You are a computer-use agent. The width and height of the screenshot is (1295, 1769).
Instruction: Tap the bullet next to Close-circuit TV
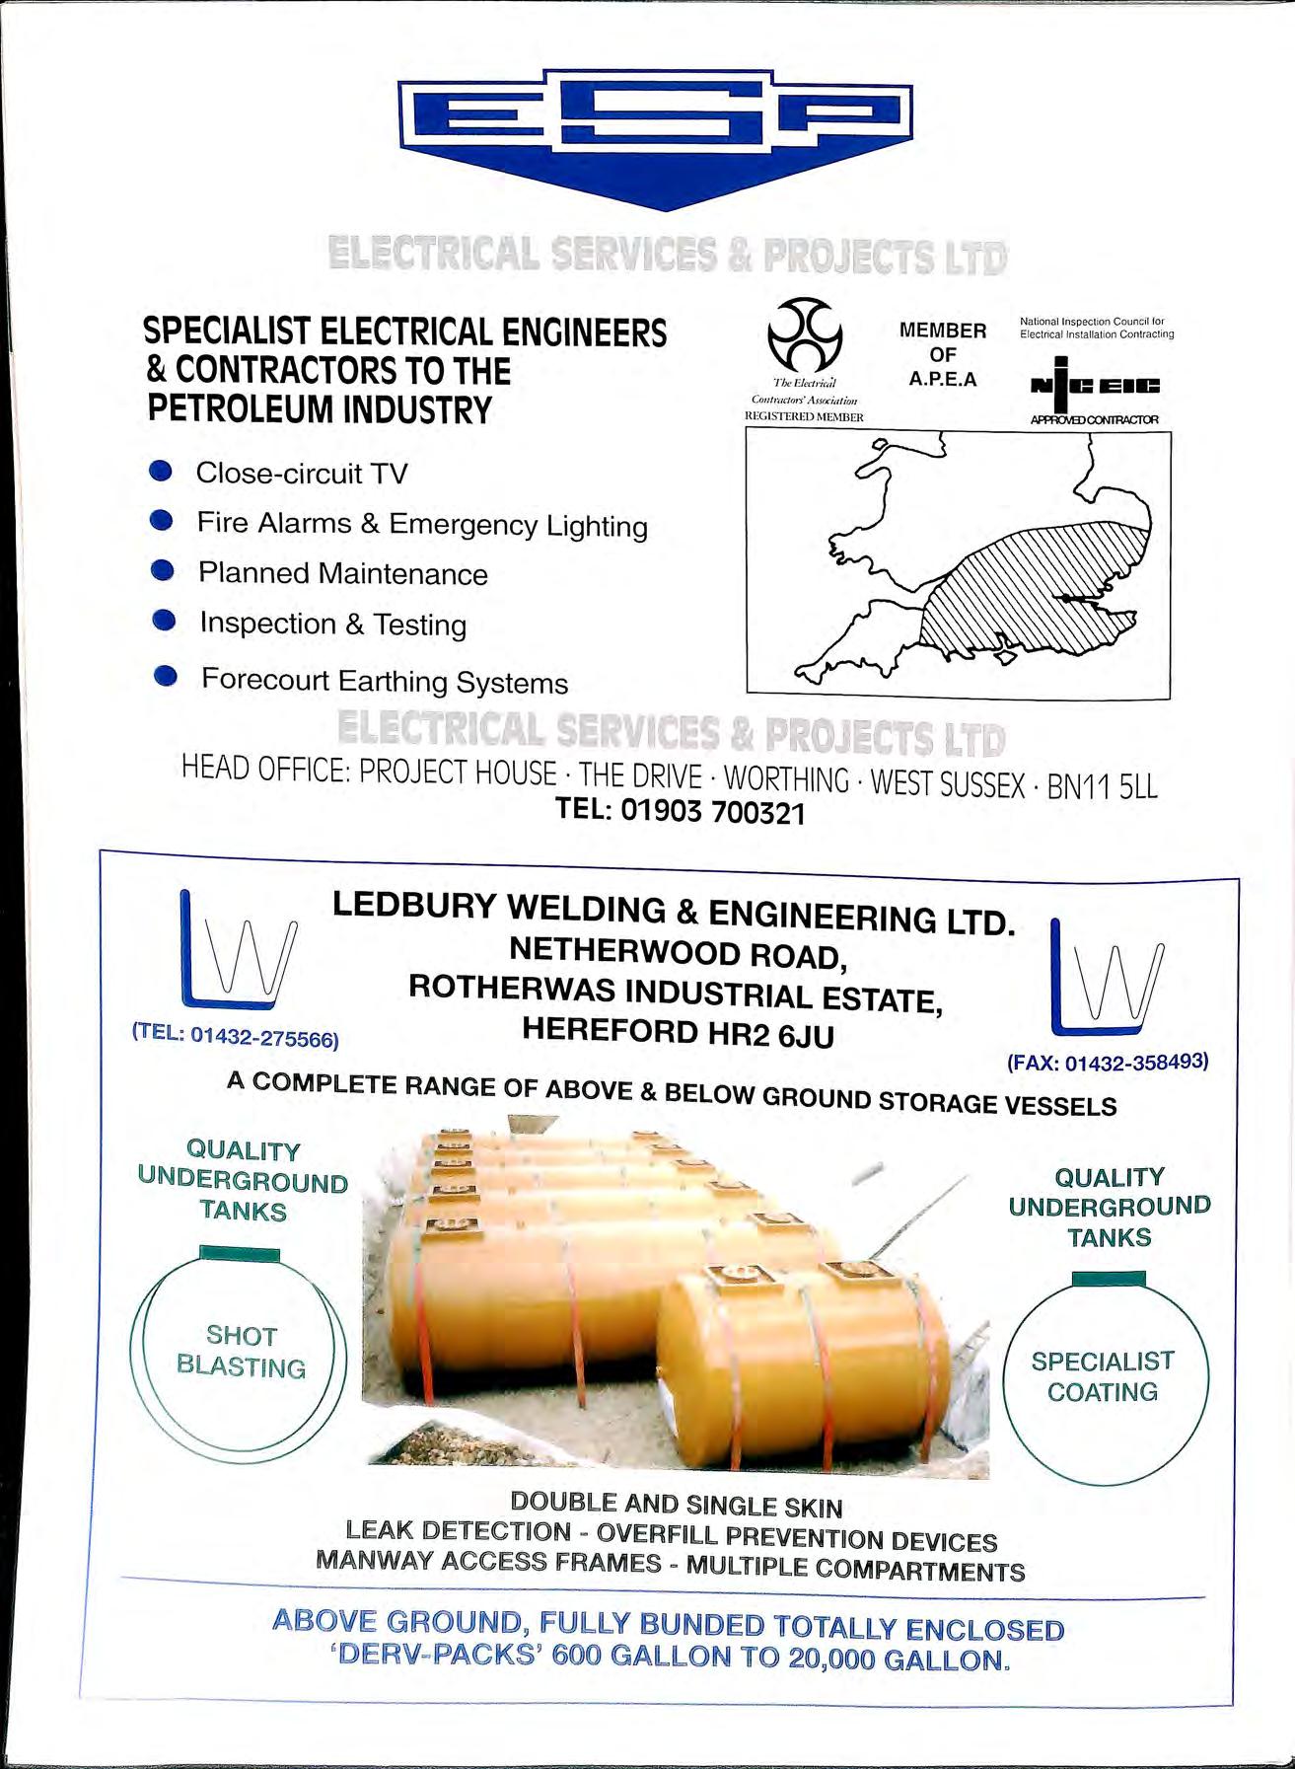tap(162, 472)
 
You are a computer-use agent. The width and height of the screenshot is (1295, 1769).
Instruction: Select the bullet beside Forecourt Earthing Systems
tap(166, 677)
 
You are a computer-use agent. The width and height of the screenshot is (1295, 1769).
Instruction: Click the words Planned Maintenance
tap(342, 573)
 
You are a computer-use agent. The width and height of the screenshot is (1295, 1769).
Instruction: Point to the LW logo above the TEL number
tap(238, 950)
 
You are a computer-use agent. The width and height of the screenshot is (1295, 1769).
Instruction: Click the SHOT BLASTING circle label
tap(241, 1352)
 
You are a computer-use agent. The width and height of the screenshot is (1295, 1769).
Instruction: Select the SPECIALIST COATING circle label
tap(1103, 1376)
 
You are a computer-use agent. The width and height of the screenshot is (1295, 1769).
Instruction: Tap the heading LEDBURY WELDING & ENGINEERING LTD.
tap(674, 913)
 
